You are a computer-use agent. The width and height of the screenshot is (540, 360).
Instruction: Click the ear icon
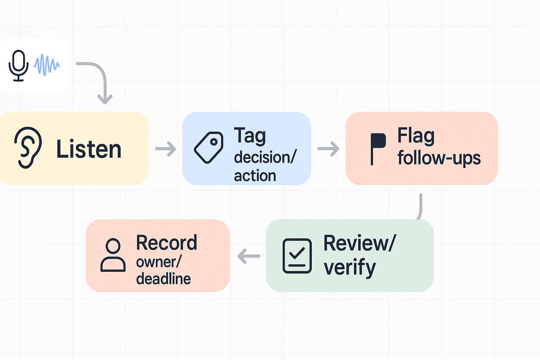pos(28,148)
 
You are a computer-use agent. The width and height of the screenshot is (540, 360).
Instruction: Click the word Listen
pos(89,149)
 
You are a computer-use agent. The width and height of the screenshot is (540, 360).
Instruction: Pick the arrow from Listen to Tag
pos(165,149)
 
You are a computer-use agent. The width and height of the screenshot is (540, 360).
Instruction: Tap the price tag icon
pos(208,147)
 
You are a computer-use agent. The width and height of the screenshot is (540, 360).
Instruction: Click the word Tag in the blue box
pos(250,136)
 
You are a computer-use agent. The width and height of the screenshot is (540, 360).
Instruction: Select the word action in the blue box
pos(255,175)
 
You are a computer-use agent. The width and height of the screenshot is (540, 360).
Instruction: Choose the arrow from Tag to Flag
pos(328,148)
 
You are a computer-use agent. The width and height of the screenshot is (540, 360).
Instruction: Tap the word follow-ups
pos(439,158)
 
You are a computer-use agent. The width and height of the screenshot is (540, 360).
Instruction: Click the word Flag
pos(416,136)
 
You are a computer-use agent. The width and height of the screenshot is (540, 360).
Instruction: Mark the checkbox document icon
pos(297,255)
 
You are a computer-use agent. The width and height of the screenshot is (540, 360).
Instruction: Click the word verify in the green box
pos(349,267)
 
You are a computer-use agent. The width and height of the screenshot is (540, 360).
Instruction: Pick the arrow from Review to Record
pos(249,256)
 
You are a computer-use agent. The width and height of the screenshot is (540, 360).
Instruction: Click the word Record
pos(167,243)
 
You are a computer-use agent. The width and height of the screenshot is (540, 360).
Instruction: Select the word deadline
pos(163,279)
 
